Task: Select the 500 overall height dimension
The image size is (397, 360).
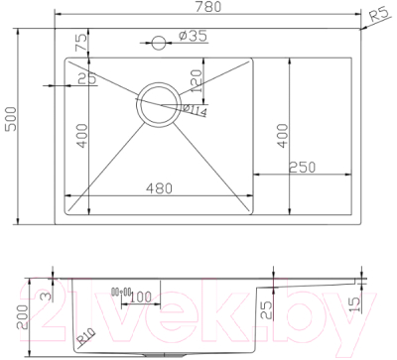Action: [x=11, y=126]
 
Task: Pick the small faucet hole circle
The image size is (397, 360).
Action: [x=157, y=43]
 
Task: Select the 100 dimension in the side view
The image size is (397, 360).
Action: [x=140, y=298]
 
